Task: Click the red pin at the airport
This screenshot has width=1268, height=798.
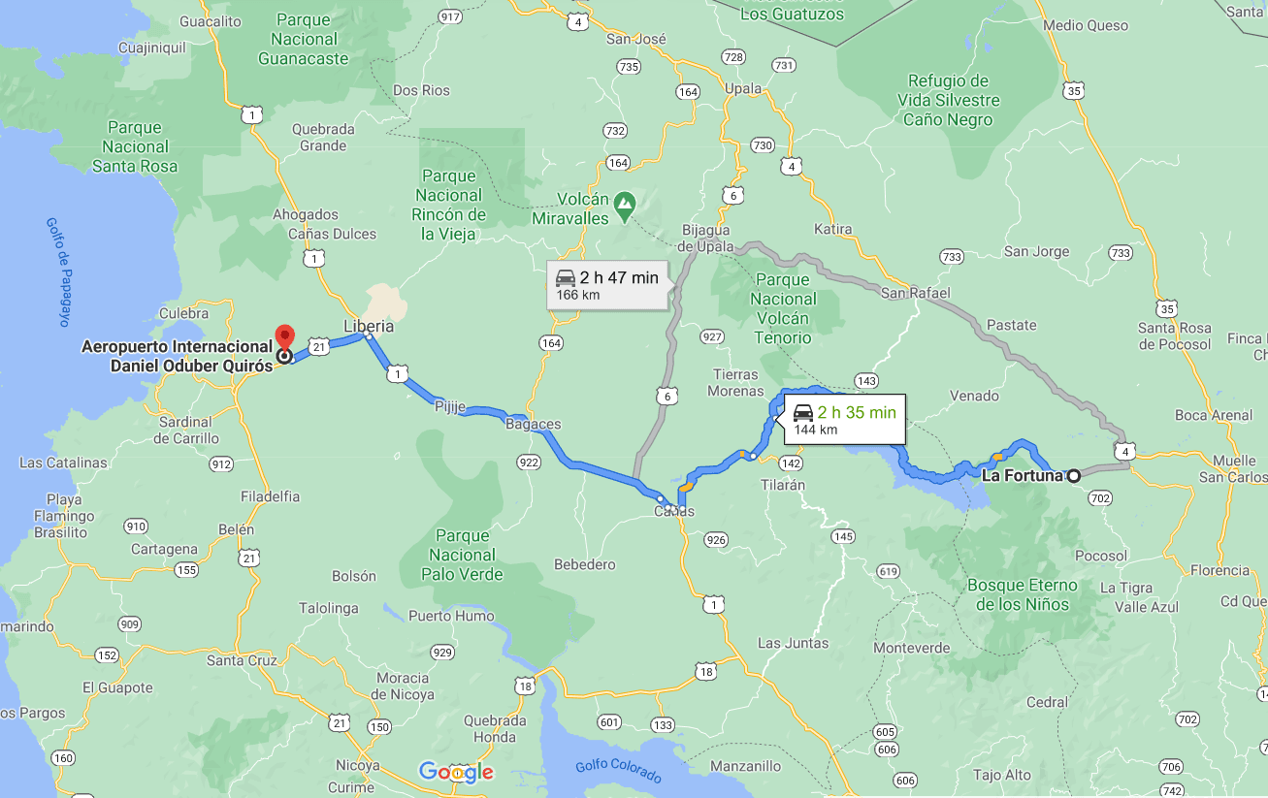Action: pos(284,336)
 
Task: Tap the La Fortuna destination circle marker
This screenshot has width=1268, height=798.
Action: pos(1074,476)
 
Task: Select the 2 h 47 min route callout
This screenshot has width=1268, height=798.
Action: pos(607,285)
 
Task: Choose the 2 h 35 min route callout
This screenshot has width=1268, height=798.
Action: pos(844,420)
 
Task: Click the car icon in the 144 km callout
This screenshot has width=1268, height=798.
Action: pos(803,413)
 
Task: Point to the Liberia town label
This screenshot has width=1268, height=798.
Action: pos(369,326)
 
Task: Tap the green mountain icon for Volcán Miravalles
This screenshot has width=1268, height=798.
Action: pos(625,204)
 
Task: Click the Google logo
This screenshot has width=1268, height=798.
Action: pos(456,772)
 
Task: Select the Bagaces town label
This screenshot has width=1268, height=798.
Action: pos(533,425)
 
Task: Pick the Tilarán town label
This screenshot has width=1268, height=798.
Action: pos(783,485)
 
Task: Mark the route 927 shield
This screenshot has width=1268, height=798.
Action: pos(712,336)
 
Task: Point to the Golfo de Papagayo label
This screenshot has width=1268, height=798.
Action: pos(59,271)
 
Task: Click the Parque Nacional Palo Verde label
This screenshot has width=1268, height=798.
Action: pos(462,555)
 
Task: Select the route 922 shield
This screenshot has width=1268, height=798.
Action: pos(529,463)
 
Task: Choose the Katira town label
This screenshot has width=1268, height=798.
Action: pos(833,230)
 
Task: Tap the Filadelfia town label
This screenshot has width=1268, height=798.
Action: pos(271,496)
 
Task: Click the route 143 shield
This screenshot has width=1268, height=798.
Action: pos(866,381)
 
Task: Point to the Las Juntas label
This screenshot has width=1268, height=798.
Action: pos(793,643)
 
